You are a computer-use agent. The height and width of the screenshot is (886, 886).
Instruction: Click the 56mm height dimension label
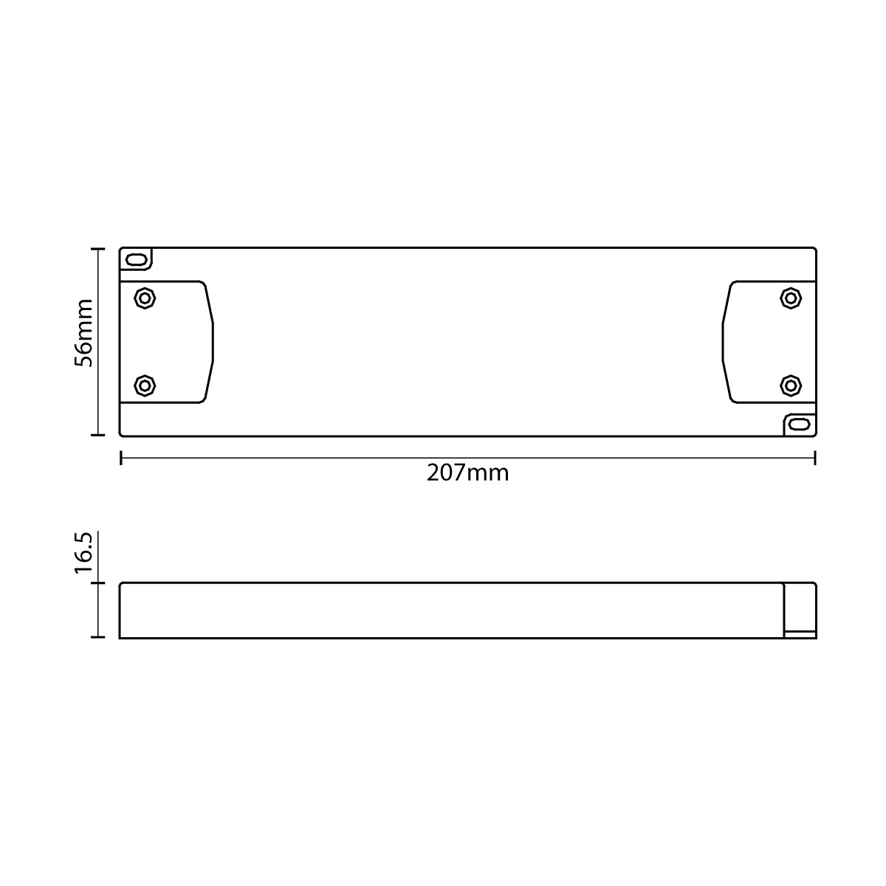click(83, 333)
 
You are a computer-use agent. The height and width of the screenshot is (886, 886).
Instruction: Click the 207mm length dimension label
click(467, 473)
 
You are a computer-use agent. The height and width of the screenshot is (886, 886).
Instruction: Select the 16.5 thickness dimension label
click(83, 553)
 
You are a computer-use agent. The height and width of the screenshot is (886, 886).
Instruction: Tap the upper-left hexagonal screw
click(145, 298)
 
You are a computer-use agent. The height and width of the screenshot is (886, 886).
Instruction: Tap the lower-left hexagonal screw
click(145, 385)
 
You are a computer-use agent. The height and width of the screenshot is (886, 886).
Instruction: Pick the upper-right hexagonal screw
click(791, 298)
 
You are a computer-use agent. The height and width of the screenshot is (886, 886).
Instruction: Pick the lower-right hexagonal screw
click(791, 385)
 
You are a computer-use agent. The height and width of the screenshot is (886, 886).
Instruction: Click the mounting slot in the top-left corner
click(136, 260)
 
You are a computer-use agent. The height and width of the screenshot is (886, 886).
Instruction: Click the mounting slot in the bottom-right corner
click(799, 425)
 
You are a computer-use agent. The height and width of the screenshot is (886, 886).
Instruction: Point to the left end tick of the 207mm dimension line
click(120, 459)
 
